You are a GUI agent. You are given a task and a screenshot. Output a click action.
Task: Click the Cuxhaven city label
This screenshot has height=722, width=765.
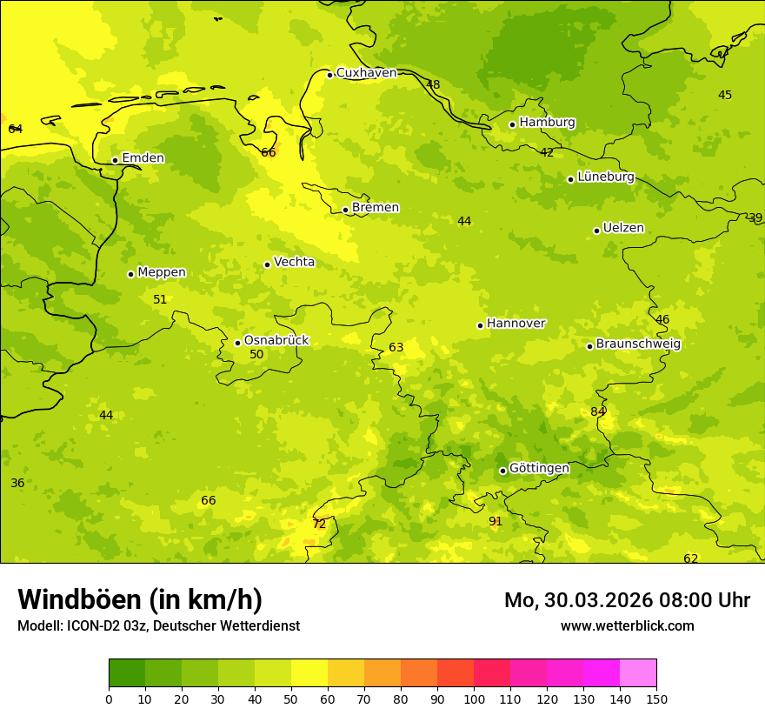point(366,73)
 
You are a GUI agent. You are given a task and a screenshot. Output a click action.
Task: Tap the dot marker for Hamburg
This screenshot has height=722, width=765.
point(513,124)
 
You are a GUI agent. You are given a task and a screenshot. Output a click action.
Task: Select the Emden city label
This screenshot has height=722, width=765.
point(143,158)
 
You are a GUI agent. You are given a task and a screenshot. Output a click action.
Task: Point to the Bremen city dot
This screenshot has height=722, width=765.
point(345,210)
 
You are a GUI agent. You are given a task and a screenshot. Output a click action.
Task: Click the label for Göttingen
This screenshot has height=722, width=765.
point(539,469)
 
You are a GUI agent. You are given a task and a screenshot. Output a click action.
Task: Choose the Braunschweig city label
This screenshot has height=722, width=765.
point(638,344)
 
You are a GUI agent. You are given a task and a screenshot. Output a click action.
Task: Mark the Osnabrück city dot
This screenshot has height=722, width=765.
point(237,343)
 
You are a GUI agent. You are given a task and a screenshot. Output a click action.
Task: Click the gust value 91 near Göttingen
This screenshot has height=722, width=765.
point(496,522)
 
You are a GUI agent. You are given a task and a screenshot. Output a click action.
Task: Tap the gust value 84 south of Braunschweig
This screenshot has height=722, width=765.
point(598,411)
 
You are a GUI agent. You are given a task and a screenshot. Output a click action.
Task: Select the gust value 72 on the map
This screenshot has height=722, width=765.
point(319,524)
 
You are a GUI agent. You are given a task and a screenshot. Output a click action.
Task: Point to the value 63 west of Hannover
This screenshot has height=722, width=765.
point(396,348)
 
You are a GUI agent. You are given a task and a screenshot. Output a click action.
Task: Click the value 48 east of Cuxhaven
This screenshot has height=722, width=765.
point(433,85)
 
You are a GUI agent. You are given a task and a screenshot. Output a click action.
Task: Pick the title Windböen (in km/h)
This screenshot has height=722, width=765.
point(140,599)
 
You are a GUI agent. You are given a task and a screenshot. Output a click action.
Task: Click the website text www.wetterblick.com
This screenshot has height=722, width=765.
point(627,626)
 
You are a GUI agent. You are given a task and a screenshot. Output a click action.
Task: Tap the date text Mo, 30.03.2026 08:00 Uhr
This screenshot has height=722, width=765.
point(627,600)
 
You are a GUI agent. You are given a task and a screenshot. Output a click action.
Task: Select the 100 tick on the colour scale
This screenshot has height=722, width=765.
point(474,699)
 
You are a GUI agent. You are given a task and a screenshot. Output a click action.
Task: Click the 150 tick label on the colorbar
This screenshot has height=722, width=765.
point(655,699)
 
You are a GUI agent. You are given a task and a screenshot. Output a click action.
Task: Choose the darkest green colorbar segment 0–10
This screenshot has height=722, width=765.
point(127,673)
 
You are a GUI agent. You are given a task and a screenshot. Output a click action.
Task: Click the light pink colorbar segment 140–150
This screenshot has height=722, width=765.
point(638,673)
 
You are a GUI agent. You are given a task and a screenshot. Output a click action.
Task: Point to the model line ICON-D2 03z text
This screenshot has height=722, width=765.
point(158,626)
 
